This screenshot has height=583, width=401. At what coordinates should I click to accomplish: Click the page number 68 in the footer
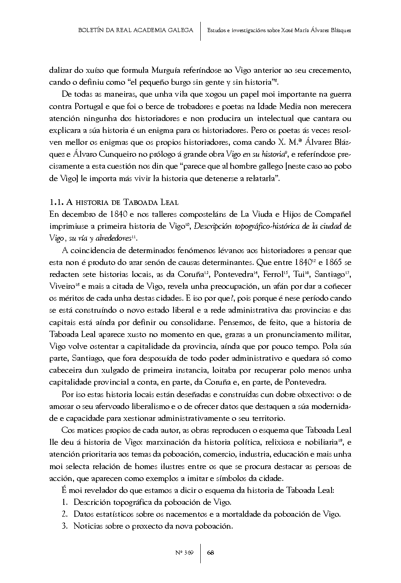click(x=211, y=552)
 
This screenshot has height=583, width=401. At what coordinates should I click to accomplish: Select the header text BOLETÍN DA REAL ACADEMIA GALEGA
click(x=135, y=30)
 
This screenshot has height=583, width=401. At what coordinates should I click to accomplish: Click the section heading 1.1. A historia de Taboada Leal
click(x=114, y=202)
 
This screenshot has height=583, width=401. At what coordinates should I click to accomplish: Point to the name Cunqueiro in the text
click(x=113, y=155)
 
